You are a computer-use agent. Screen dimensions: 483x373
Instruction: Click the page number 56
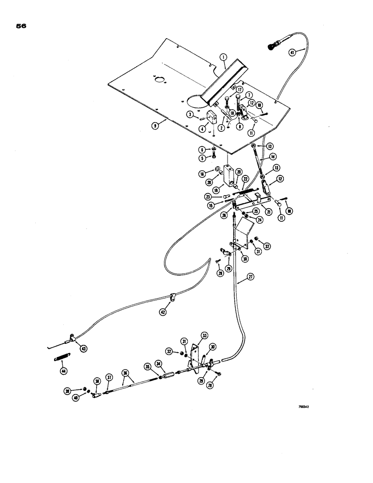[x=21, y=27]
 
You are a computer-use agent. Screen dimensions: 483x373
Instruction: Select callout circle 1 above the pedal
[x=223, y=57]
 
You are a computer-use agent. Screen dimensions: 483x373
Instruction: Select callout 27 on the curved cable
[x=250, y=277]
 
